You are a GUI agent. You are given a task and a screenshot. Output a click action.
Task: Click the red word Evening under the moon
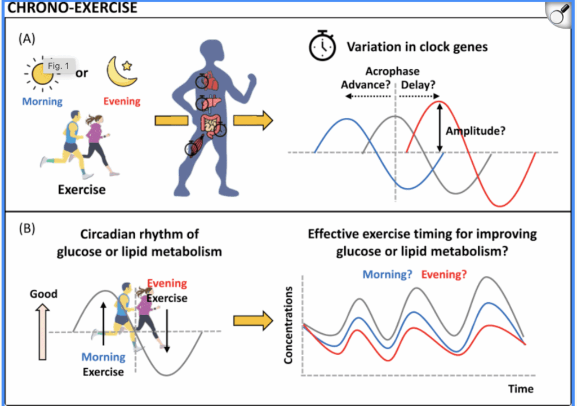click(122, 101)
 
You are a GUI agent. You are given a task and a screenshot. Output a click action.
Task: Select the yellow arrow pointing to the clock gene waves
click(252, 120)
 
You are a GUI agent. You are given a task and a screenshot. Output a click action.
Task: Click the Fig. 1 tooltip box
click(58, 66)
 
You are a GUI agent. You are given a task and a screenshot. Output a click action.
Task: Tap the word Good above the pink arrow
click(43, 294)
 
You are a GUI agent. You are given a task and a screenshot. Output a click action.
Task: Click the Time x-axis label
click(520, 389)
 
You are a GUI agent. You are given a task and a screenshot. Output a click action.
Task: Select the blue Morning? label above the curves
click(387, 275)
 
